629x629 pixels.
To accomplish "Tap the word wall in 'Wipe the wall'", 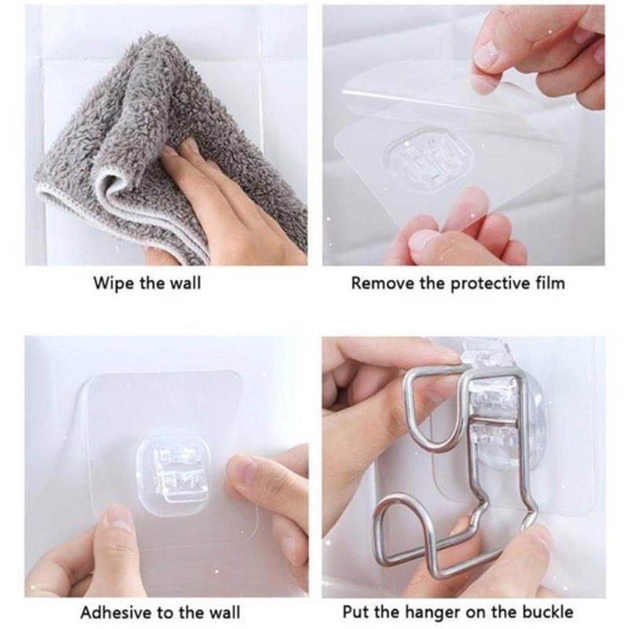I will point(183,284).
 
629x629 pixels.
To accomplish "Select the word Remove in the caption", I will point(377,284).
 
